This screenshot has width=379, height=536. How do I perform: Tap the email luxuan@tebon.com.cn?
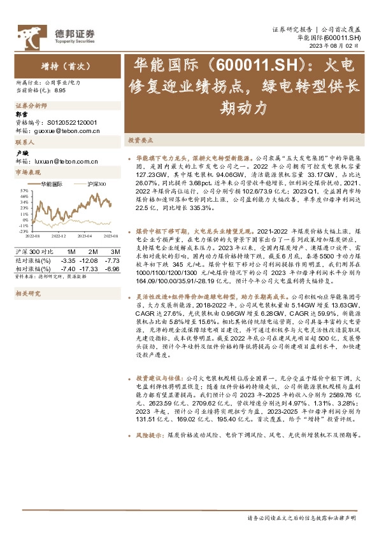[x=63, y=161]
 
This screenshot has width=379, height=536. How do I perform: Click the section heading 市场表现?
[x=27, y=173]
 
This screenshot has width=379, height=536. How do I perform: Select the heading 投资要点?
[x=141, y=139]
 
